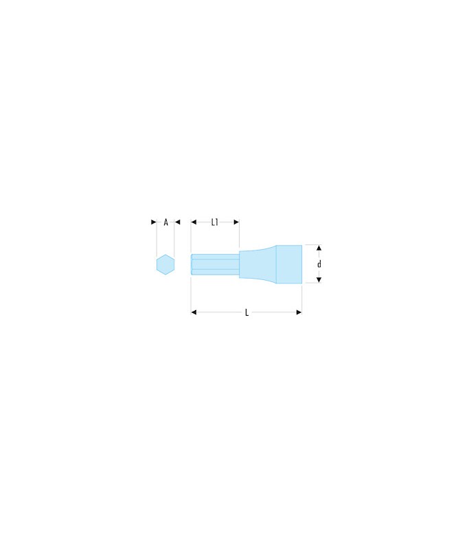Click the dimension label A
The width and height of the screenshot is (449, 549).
[166, 222]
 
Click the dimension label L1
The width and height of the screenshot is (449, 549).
[215, 222]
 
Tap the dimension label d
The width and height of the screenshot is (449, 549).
[319, 264]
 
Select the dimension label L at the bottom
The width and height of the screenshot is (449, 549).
[247, 312]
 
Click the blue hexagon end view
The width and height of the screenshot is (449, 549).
[165, 265]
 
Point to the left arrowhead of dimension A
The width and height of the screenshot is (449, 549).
[153, 222]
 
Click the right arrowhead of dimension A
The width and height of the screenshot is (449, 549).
[178, 222]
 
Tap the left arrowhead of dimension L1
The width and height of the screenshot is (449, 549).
[194, 222]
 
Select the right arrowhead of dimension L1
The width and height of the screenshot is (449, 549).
[236, 222]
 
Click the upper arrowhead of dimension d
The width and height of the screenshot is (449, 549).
[319, 248]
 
